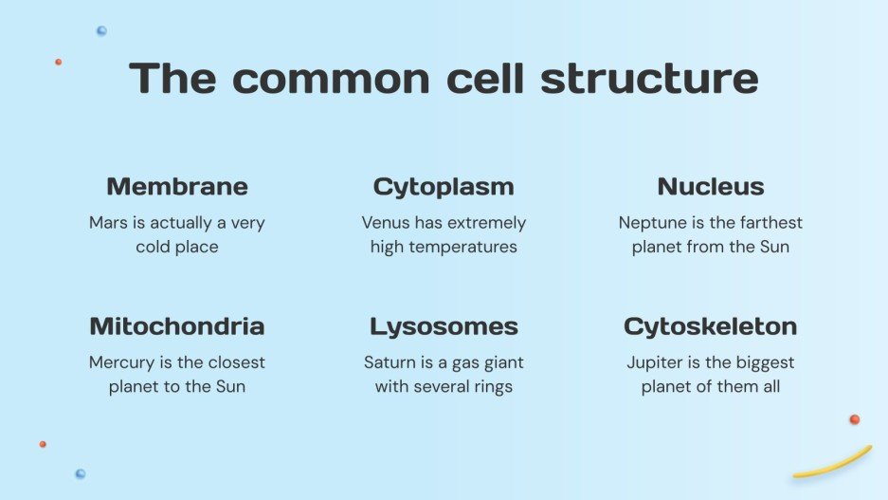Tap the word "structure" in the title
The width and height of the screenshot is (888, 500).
(x=649, y=78)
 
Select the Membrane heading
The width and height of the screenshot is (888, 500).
(x=177, y=187)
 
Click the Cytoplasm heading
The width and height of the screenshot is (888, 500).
(x=444, y=187)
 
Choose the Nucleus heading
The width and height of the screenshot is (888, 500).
(x=710, y=187)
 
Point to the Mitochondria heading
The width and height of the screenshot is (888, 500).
(x=177, y=327)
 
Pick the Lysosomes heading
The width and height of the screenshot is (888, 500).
(x=444, y=327)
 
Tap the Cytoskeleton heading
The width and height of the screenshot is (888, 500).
(x=710, y=327)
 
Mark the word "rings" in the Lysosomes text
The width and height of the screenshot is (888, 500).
(x=491, y=386)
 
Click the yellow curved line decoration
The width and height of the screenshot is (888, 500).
(x=832, y=463)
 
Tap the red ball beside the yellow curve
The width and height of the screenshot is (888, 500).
(x=854, y=419)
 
